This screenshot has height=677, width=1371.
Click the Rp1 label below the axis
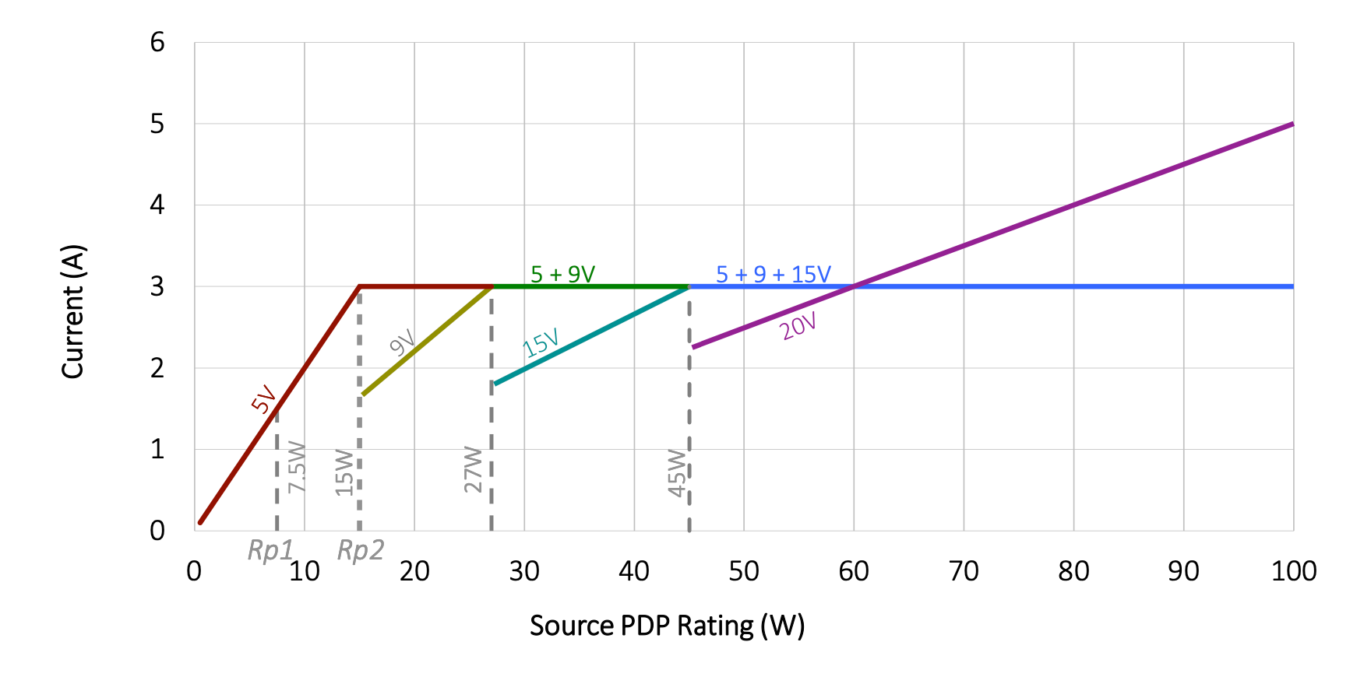pos(270,551)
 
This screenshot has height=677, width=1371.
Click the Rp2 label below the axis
pos(361,551)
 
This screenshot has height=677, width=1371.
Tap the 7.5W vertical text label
pos(297,467)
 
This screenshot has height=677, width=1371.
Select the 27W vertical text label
pos(473,469)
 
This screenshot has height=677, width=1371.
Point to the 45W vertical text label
pos(677,473)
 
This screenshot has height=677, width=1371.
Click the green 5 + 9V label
pos(562,275)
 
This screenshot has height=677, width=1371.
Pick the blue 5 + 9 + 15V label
pos(773,275)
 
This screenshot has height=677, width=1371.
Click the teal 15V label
pos(541,343)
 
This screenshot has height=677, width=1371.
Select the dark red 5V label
pos(264,399)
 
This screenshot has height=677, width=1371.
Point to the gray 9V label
pos(403,343)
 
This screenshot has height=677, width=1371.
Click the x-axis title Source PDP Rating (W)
pos(667,626)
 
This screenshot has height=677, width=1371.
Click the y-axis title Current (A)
pos(73,312)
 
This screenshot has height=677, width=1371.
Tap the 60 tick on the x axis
pos(854,572)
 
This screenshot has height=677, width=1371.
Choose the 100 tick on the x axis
pos(1293,572)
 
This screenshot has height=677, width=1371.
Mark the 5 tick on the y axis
pos(158,124)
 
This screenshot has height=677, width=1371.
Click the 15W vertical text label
pos(344,472)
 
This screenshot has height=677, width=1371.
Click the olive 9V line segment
pos(427,341)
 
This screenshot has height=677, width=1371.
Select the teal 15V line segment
pos(592,335)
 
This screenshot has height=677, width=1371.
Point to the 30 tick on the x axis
pos(524,572)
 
